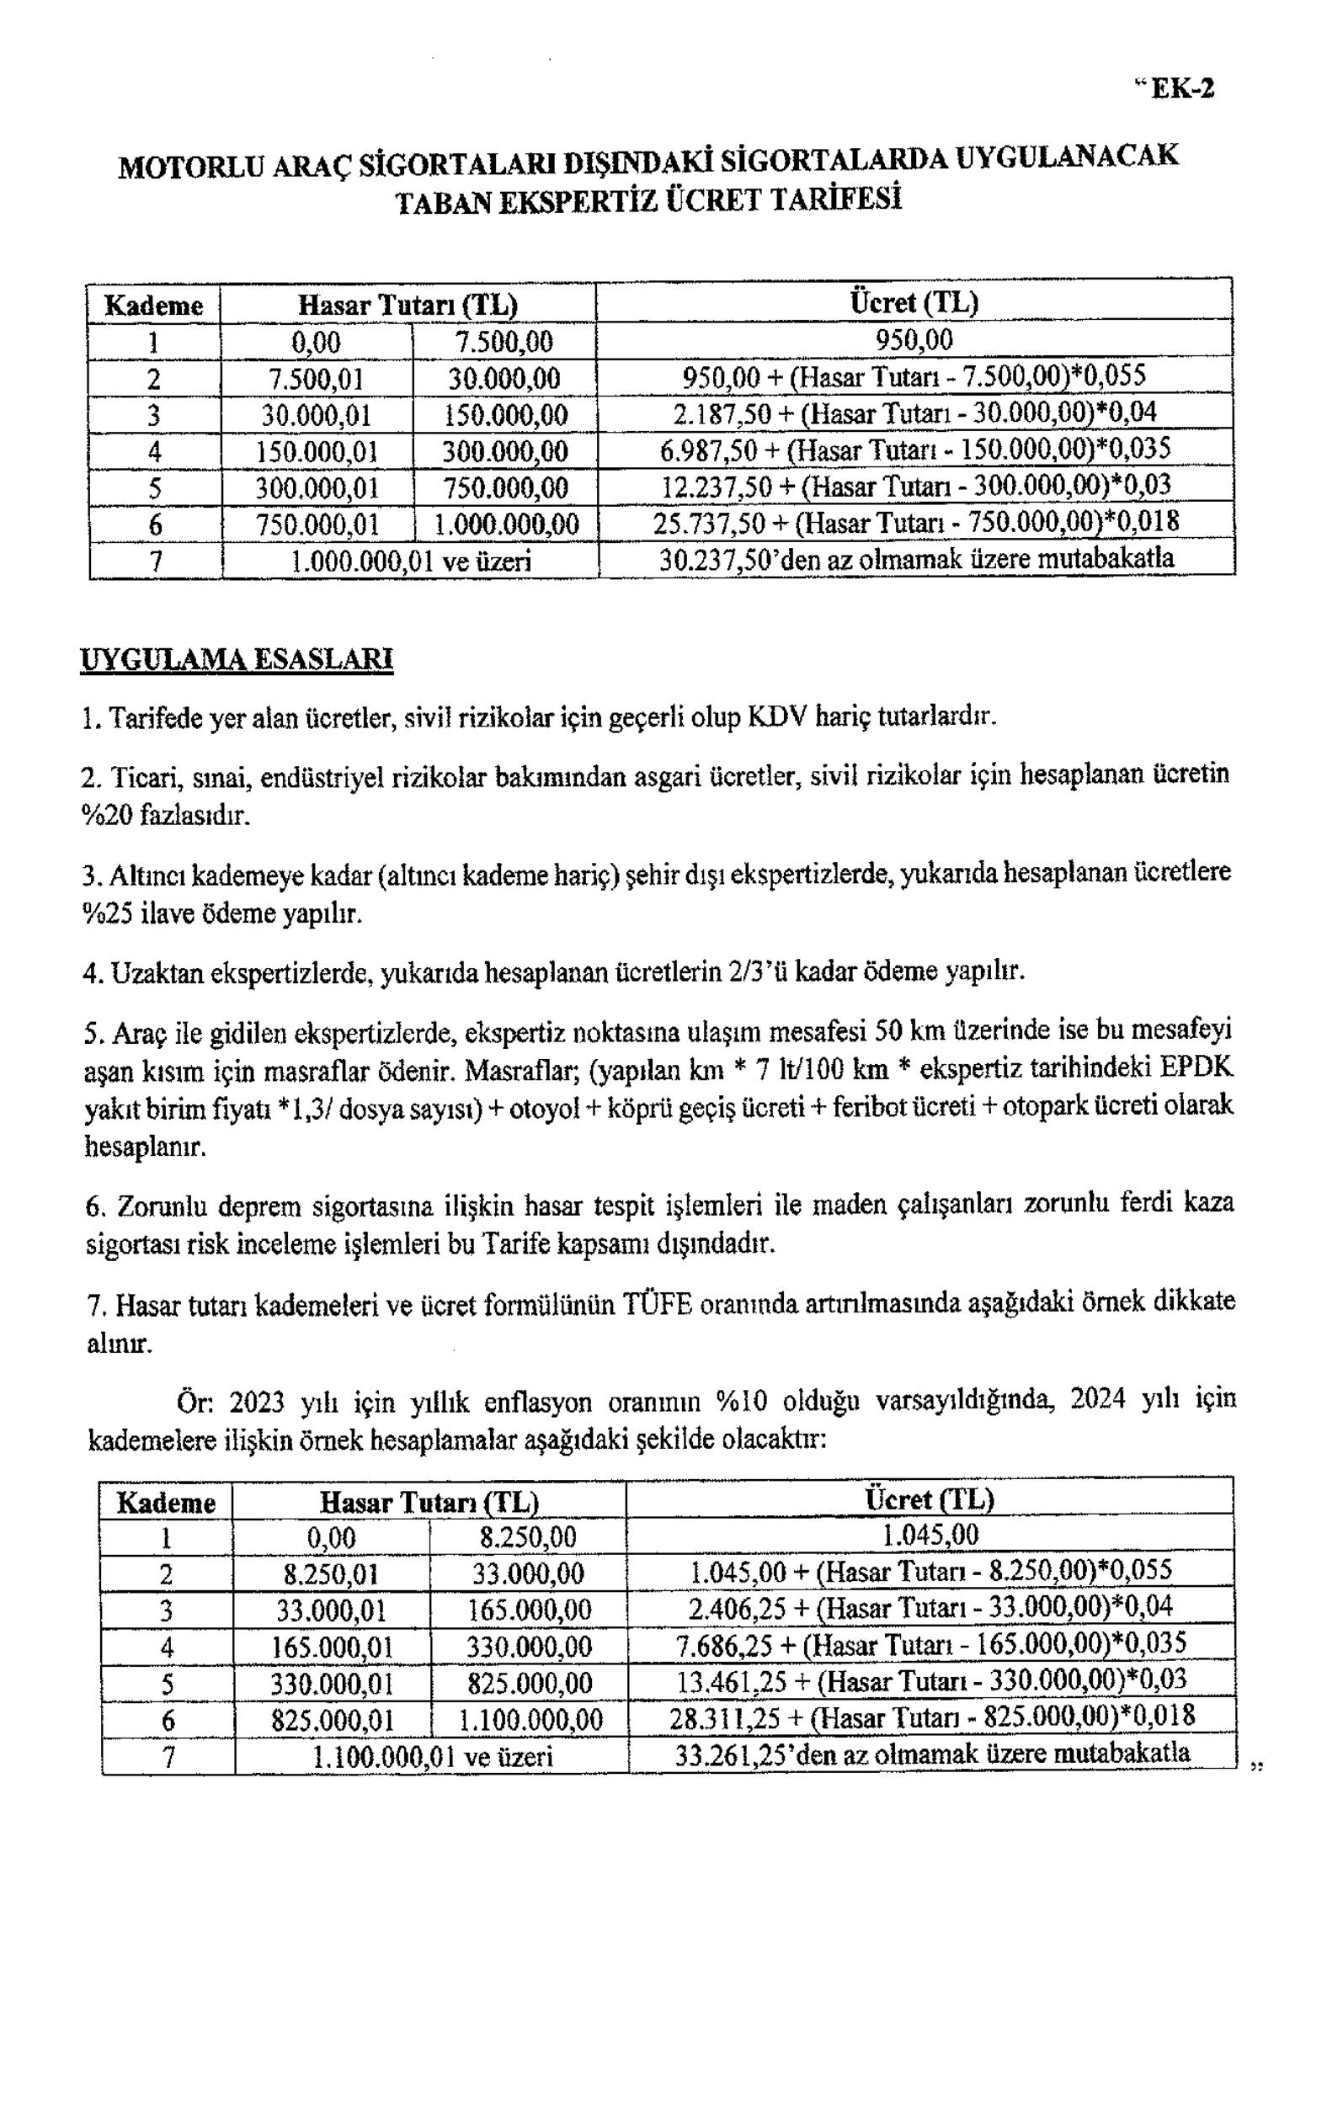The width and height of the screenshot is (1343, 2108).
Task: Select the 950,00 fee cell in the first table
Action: [914, 339]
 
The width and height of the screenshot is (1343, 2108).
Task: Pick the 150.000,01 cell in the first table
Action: [316, 451]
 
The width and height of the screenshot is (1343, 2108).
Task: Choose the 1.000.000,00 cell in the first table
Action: [507, 524]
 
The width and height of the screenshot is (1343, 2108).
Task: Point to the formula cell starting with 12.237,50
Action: [914, 486]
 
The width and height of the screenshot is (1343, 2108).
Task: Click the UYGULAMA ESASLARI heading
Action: [237, 659]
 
